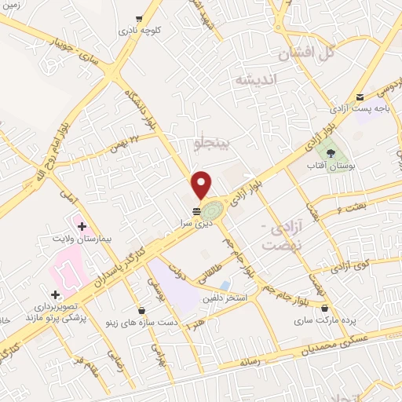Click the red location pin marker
coord(203,185)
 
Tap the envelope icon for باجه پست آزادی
coord(360,96)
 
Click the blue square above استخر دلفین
coord(226,285)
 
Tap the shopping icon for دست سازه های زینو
coord(141,310)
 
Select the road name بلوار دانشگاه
coord(142,106)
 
